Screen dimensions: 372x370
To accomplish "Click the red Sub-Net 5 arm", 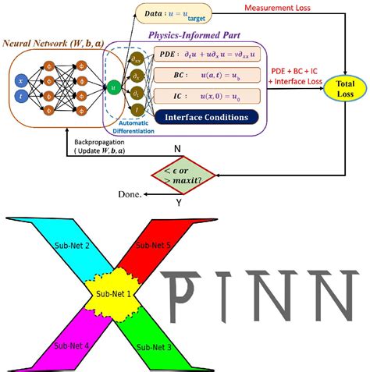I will (x=162, y=245).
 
